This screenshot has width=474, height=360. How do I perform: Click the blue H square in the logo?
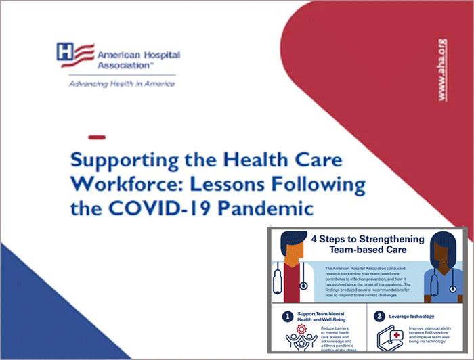click(65, 52)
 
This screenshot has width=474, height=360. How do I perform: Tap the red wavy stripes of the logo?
click(83, 52)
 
